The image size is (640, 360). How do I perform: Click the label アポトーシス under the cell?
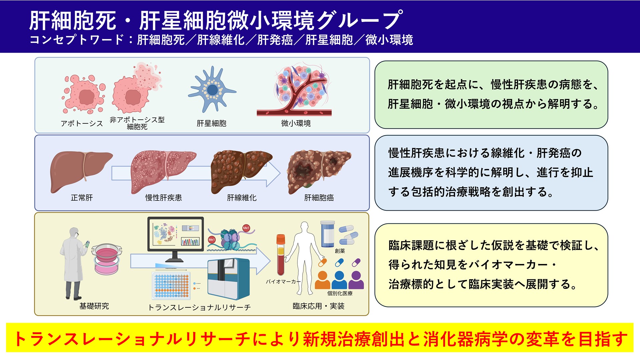82,124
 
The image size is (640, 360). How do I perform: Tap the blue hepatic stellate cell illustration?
212,89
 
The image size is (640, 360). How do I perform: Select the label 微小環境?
296,124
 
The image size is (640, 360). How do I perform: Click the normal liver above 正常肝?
81,171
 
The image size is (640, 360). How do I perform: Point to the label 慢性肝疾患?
163,198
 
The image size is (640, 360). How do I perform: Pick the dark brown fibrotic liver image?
241,171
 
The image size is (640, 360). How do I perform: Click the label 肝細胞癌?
319,198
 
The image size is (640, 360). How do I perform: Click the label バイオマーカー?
283,282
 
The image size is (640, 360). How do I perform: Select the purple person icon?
356,280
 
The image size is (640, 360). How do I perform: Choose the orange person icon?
322,280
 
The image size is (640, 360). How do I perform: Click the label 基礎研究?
94,306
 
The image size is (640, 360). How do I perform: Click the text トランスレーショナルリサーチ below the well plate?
199,307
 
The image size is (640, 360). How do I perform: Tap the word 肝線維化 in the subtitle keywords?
221,40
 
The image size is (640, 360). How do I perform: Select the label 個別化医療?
340,293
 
